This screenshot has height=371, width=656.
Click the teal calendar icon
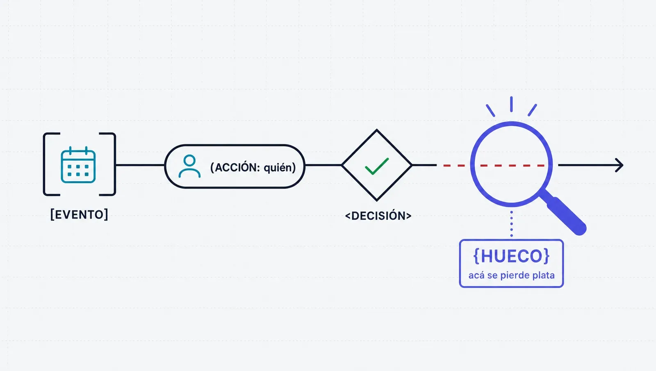(x=78, y=164)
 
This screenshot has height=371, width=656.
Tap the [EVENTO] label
(x=79, y=215)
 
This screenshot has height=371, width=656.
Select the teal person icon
(x=189, y=166)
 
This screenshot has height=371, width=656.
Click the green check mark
(x=377, y=166)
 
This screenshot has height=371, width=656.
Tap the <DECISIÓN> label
(x=378, y=216)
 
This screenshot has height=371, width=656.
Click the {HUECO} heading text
(x=511, y=256)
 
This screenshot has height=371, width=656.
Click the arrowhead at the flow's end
(x=619, y=166)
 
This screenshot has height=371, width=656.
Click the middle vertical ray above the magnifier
(x=511, y=104)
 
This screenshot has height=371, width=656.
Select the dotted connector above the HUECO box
(x=512, y=224)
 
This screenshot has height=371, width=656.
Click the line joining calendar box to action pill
(x=140, y=165)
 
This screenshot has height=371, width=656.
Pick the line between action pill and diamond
(x=323, y=165)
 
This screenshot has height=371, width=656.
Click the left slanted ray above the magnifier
(x=490, y=110)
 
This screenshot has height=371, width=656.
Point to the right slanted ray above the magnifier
(x=533, y=110)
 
